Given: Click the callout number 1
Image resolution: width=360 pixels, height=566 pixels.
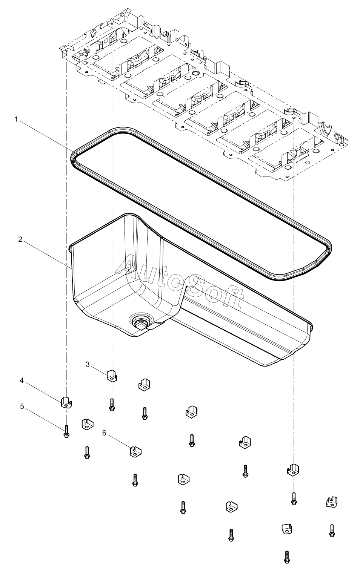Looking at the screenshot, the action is click(17, 119).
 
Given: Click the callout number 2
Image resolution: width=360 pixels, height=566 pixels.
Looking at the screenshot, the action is click(20, 239).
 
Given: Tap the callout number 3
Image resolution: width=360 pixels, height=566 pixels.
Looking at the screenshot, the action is click(88, 364).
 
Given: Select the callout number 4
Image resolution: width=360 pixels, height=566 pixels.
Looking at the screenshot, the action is click(22, 387).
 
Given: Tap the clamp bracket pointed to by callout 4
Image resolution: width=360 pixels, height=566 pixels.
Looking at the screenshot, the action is click(66, 402).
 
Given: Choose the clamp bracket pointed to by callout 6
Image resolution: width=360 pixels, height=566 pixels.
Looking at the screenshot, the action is click(135, 451).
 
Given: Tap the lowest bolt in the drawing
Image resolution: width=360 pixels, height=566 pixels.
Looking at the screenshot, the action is click(286, 557).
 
